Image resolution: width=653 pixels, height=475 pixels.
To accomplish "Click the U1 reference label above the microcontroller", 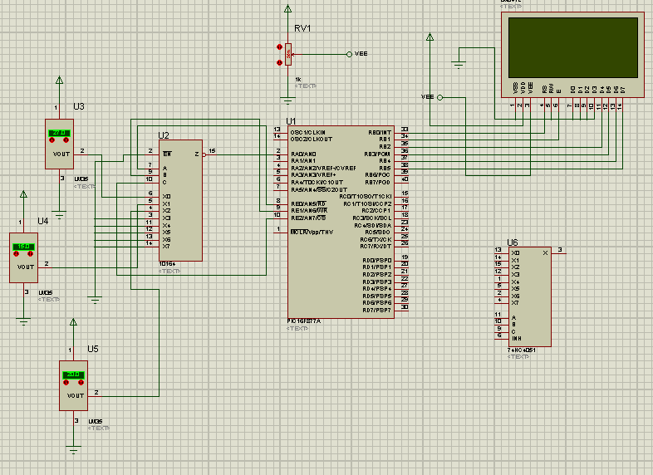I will click(291, 121).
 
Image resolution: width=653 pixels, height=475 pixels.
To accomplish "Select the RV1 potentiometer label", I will click(302, 28).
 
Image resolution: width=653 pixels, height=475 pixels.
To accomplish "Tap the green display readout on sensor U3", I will click(59, 133).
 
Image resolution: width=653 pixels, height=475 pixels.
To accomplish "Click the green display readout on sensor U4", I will click(24, 247).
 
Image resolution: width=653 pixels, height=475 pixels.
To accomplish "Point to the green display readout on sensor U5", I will click(73, 375).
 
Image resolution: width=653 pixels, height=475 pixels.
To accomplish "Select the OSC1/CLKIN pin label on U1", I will click(308, 130).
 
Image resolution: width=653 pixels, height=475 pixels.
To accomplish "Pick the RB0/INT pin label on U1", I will click(380, 131).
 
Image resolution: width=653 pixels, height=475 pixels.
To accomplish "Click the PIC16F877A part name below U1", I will click(304, 320).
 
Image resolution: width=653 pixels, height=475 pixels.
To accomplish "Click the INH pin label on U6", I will click(517, 338).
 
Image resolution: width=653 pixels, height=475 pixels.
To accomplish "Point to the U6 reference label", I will click(512, 242).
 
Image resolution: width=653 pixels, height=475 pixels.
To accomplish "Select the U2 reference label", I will click(164, 135).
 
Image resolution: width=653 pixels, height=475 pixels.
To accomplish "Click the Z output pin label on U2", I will click(196, 154).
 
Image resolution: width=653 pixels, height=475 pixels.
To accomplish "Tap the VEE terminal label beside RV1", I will click(361, 54).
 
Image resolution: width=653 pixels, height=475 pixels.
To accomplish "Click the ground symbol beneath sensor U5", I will click(74, 449).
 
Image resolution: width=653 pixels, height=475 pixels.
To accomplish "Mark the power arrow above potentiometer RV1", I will click(287, 10).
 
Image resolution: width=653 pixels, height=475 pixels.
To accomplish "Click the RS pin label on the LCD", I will click(544, 88).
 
